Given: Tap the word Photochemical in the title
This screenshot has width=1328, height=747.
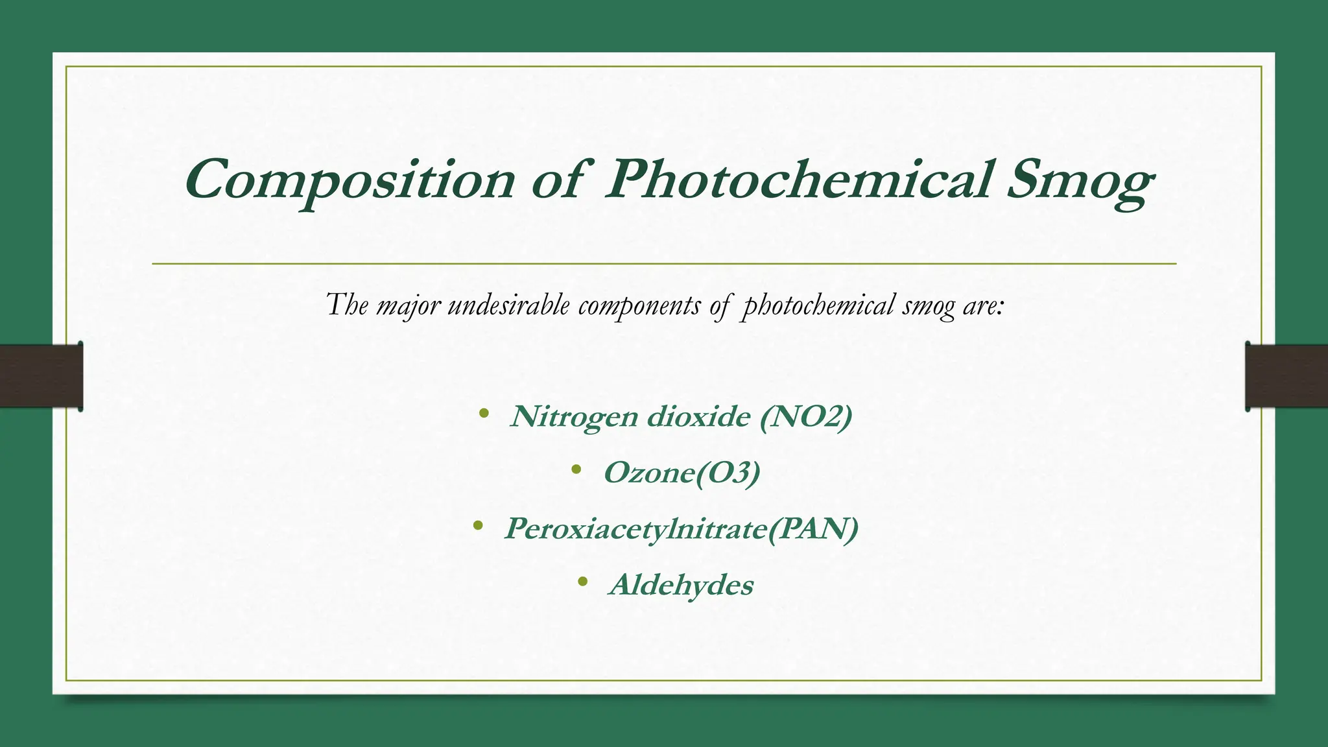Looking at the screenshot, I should (x=798, y=180).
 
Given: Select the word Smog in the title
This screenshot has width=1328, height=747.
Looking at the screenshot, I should (x=1080, y=181).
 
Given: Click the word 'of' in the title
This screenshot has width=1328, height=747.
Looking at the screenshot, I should (x=557, y=180).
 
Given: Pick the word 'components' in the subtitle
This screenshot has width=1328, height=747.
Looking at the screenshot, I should (x=639, y=305).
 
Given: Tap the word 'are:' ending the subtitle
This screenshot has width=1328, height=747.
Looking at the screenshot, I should (x=983, y=305).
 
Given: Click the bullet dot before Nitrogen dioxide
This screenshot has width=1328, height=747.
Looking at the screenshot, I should (x=483, y=413).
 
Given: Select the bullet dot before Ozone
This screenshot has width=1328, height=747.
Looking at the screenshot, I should (x=576, y=469).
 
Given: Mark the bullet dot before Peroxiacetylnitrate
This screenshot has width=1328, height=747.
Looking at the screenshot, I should (x=478, y=525).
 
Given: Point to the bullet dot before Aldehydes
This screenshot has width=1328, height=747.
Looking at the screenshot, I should (x=582, y=582).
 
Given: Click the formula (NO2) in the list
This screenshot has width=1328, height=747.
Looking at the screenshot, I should (x=806, y=416).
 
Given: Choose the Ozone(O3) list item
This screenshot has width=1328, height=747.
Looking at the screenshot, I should (x=682, y=473).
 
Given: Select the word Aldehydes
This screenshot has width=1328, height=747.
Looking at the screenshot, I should (x=682, y=585).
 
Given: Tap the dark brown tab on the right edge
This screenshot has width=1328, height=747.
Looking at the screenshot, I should (x=1286, y=376).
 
